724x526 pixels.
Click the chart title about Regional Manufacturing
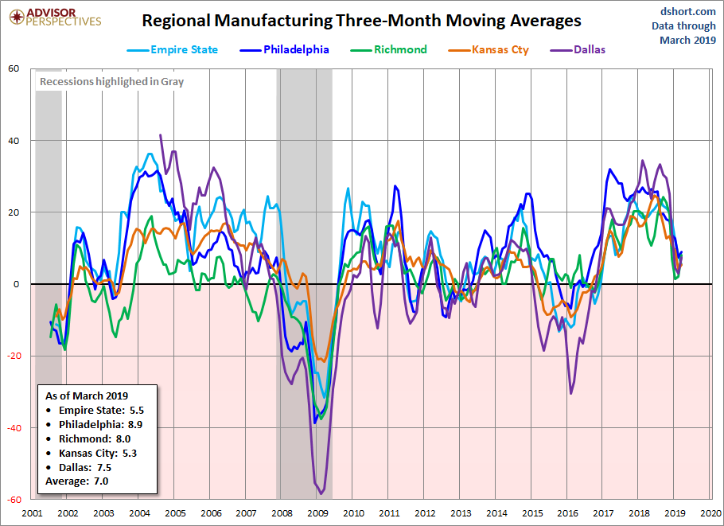(x=361, y=21)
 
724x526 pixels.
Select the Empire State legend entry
(x=173, y=49)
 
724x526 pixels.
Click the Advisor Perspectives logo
(x=53, y=17)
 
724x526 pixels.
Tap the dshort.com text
(x=683, y=11)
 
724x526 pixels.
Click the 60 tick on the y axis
(x=14, y=68)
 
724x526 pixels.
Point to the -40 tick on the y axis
(x=12, y=427)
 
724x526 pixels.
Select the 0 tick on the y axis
(x=16, y=284)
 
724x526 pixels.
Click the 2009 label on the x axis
(x=317, y=513)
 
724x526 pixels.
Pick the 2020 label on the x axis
(x=711, y=513)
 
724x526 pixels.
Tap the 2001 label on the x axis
(x=32, y=513)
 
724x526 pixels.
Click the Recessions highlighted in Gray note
(x=111, y=81)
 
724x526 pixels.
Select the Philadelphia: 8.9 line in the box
(x=100, y=424)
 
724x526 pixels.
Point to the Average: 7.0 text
(x=76, y=481)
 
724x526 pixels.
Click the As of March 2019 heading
(x=87, y=395)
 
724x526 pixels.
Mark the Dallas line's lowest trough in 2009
(x=321, y=493)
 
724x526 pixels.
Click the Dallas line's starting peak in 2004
(x=161, y=135)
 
